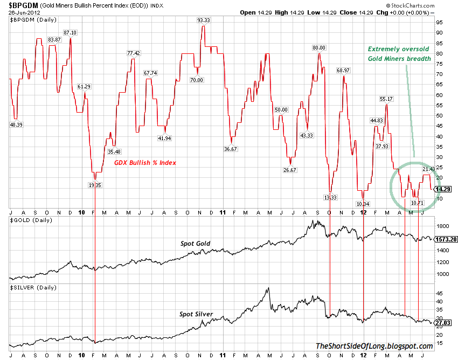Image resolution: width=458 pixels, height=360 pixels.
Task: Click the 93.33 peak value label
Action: [204, 20]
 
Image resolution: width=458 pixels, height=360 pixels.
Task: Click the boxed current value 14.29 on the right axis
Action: [442, 189]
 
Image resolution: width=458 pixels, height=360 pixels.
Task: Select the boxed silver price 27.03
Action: [442, 322]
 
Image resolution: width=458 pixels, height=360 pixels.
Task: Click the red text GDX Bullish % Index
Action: [145, 163]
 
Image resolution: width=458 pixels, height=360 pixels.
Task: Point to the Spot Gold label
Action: [196, 244]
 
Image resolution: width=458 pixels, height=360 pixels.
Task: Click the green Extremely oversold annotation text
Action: [399, 53]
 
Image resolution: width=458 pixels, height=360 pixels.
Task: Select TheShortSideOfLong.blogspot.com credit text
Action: [373, 347]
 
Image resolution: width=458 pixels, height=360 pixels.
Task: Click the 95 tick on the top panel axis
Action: [440, 22]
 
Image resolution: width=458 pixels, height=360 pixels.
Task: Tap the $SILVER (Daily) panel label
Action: [33, 287]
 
